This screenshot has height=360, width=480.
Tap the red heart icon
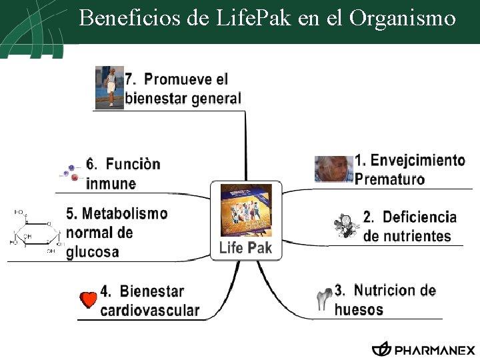(x=88, y=301)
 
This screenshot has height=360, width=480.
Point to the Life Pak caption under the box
(x=246, y=249)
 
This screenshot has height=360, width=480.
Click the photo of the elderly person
(x=333, y=169)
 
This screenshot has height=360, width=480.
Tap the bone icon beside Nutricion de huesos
(x=323, y=299)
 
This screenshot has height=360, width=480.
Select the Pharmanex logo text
(x=435, y=350)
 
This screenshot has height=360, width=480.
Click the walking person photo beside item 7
(x=109, y=87)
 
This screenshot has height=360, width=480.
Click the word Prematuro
(x=389, y=179)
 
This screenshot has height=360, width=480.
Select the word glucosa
(x=93, y=252)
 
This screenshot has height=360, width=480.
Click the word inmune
(x=111, y=183)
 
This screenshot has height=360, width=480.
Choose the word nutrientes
(x=407, y=236)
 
